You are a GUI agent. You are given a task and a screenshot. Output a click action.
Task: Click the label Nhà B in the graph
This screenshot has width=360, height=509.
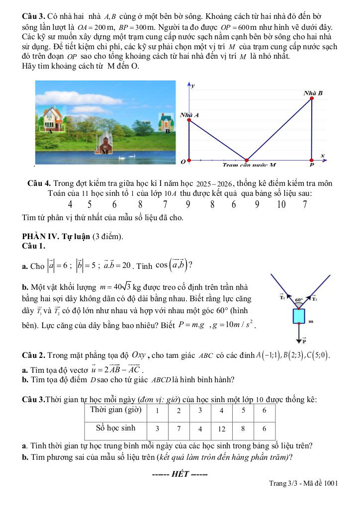coord(313,93)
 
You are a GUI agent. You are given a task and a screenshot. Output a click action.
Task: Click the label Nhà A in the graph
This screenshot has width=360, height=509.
coord(189,115)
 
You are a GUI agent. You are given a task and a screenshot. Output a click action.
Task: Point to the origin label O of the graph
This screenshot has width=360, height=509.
coord(182,162)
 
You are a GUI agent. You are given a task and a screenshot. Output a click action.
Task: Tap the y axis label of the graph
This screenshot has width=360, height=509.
coord(193,86)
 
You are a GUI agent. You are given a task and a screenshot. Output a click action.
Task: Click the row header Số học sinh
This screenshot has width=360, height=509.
coord(116,427)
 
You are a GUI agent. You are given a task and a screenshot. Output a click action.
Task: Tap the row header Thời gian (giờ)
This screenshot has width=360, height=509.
coord(116,411)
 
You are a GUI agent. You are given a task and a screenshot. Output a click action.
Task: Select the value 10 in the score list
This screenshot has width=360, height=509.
coord(281,204)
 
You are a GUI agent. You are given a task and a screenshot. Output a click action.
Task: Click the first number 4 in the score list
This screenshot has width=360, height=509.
coord(70,204)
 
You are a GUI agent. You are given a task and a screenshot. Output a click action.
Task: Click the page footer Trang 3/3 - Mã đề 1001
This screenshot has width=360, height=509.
coord(303,483)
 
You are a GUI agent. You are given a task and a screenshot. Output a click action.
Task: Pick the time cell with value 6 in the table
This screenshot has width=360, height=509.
coord(264,411)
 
